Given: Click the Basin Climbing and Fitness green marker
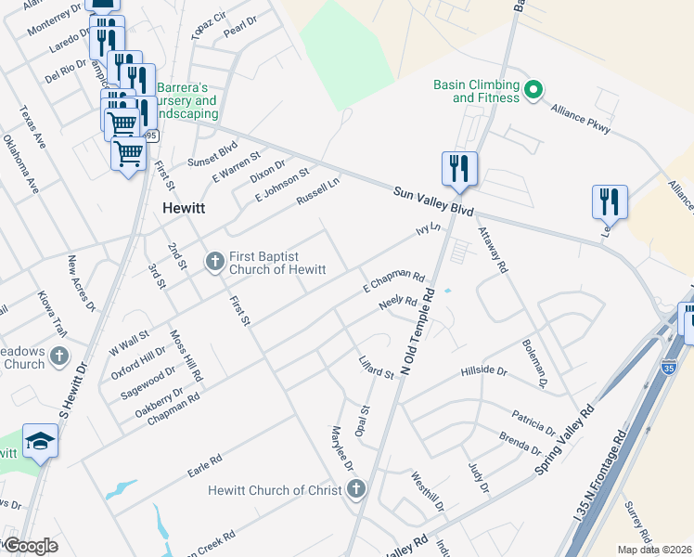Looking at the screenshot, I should [x=533, y=90].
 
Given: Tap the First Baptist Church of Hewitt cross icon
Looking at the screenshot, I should [x=214, y=261].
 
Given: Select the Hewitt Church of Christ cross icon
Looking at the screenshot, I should [x=357, y=489].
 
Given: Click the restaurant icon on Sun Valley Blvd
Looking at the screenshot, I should [x=459, y=168].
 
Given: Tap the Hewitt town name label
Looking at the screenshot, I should [x=184, y=207].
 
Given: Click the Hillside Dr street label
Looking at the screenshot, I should [x=484, y=372].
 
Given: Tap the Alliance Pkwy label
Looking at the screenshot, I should [x=580, y=120].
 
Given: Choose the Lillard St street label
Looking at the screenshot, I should [x=377, y=367].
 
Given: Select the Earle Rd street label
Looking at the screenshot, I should [x=204, y=461].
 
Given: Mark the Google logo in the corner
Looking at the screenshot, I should [x=31, y=546].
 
